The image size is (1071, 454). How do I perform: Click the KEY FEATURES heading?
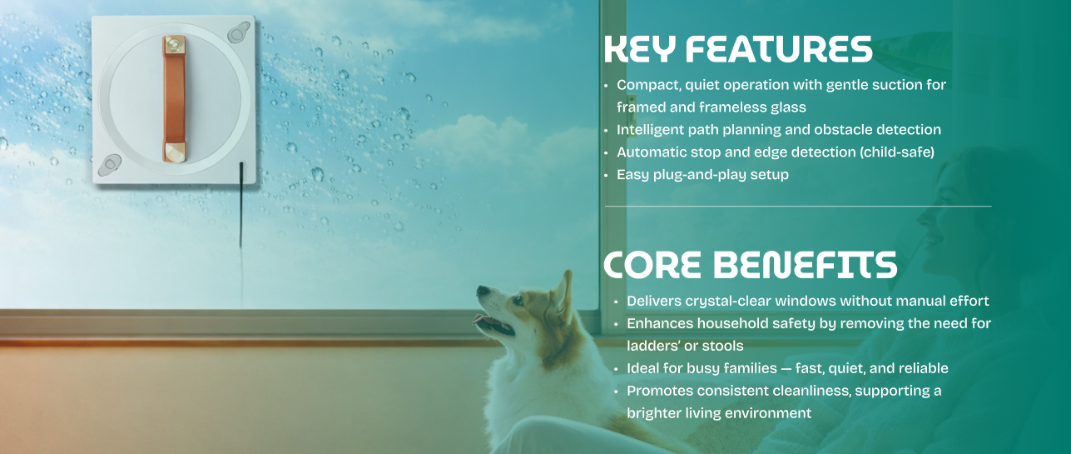738,49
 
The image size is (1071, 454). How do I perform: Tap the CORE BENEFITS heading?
750,264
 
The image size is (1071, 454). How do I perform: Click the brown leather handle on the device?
174,99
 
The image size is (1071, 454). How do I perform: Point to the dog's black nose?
482,291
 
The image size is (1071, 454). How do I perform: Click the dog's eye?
518,301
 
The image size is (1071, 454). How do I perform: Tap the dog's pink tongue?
479,319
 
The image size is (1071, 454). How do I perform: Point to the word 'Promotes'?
660,391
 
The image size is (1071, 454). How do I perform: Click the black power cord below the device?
241,206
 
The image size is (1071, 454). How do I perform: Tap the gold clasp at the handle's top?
174,44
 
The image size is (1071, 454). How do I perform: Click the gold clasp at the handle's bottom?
174,152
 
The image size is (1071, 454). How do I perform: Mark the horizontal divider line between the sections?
798,207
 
